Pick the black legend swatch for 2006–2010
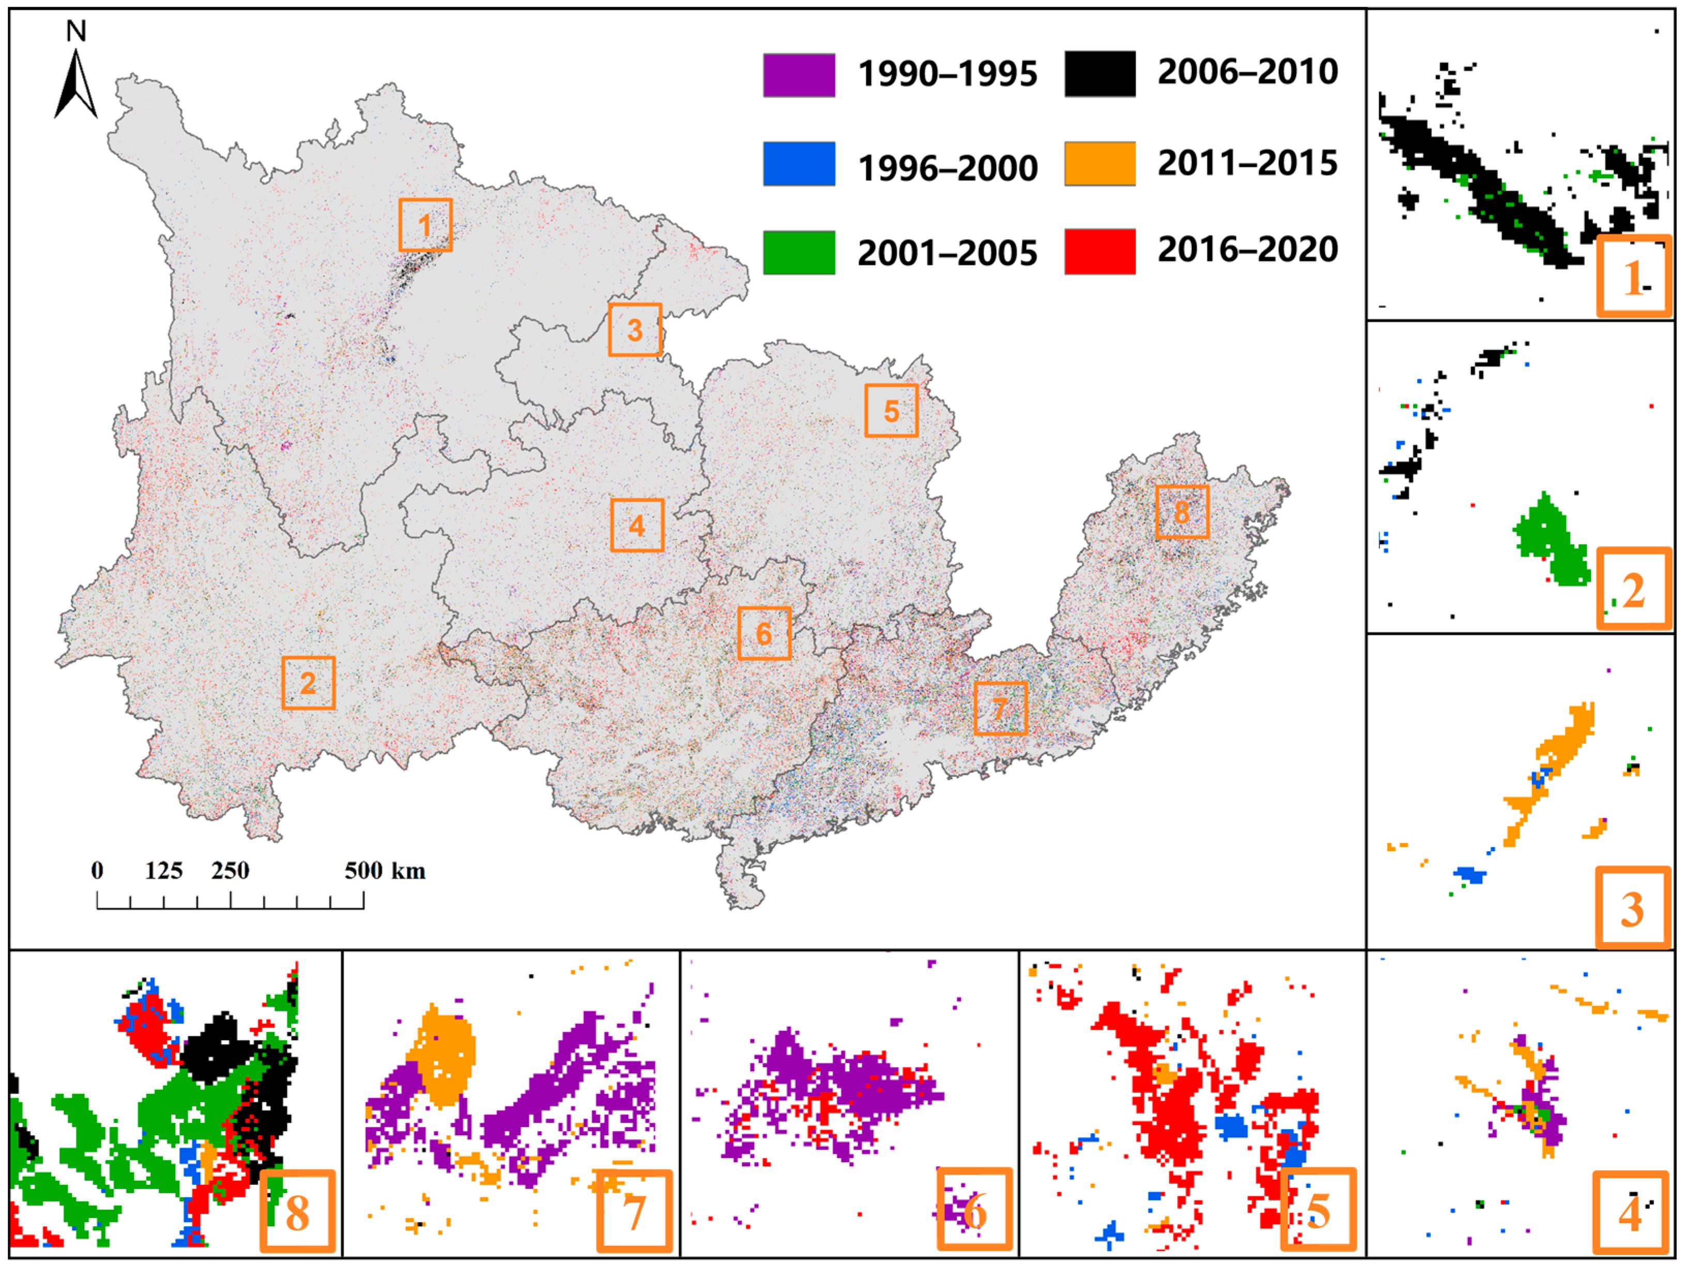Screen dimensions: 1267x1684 1099,74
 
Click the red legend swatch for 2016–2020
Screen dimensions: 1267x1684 1099,251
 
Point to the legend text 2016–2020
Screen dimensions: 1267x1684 1247,249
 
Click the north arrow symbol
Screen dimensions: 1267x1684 75,85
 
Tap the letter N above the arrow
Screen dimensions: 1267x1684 76,31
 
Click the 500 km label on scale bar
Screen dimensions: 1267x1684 385,870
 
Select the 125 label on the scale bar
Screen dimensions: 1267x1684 164,870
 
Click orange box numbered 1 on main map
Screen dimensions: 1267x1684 425,225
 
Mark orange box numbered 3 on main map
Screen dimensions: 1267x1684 635,330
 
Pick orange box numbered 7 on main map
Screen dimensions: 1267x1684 1000,709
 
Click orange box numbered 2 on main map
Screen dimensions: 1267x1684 309,683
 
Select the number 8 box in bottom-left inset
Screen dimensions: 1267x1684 298,1211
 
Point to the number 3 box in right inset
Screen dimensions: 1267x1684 1632,907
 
